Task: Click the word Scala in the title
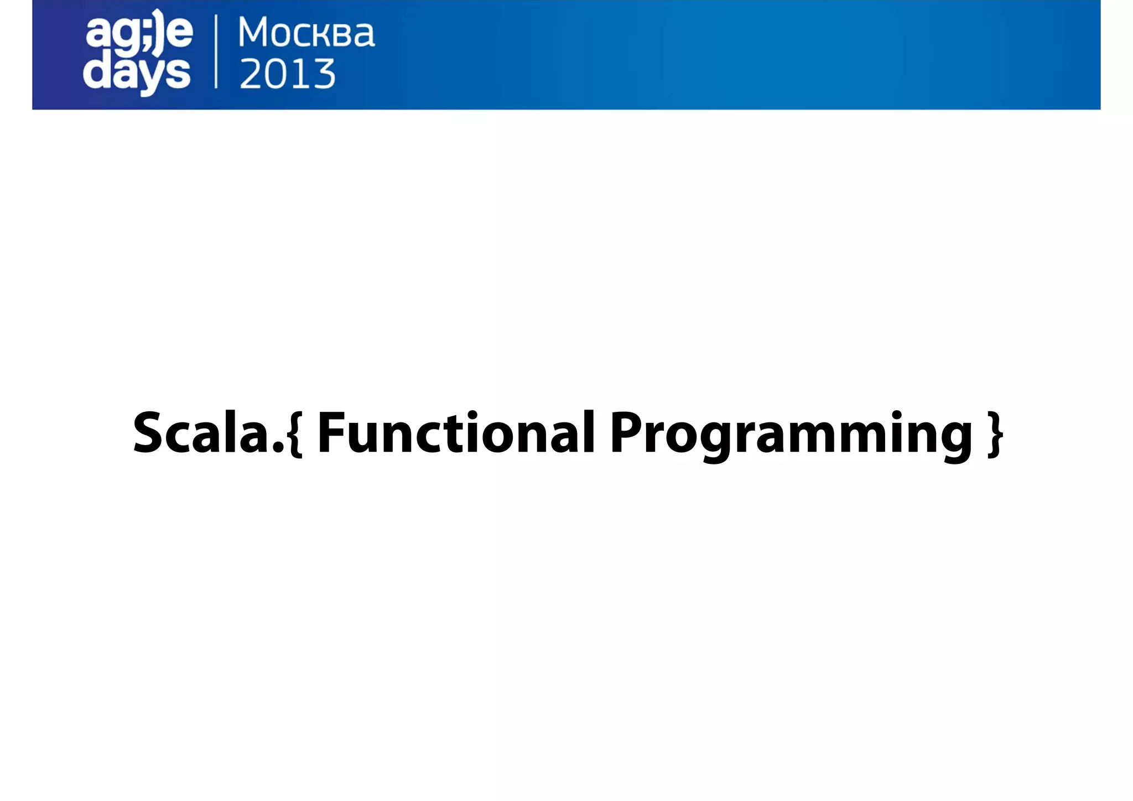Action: tap(201, 433)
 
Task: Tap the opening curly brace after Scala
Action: tap(295, 434)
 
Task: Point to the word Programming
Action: tap(791, 434)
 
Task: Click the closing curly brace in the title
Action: tap(995, 434)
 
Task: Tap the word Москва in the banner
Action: tap(306, 33)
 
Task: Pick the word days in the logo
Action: tap(137, 74)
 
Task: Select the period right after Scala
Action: tap(278, 448)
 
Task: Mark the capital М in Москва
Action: tap(257, 33)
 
